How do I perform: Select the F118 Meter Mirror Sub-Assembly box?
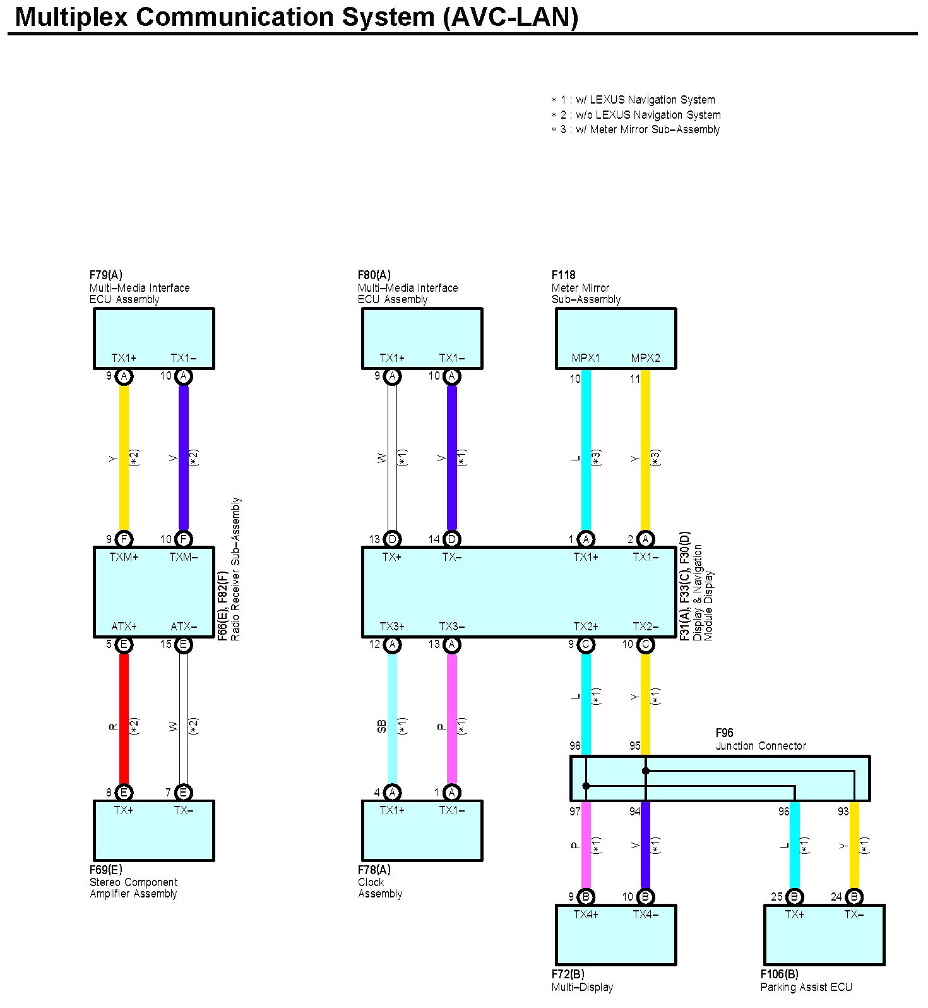616,338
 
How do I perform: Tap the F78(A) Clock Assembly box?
422,831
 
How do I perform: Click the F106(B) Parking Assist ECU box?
824,935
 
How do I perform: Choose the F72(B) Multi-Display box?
616,935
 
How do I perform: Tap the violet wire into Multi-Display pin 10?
645,846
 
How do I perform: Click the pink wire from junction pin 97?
586,846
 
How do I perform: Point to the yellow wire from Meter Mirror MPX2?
645,455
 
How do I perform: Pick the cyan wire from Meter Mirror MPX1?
586,455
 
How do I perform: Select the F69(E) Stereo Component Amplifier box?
154,831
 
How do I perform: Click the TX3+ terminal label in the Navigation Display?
392,627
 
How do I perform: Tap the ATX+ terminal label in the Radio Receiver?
124,627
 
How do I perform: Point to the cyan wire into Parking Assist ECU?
794,846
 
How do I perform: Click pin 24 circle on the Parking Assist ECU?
854,897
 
